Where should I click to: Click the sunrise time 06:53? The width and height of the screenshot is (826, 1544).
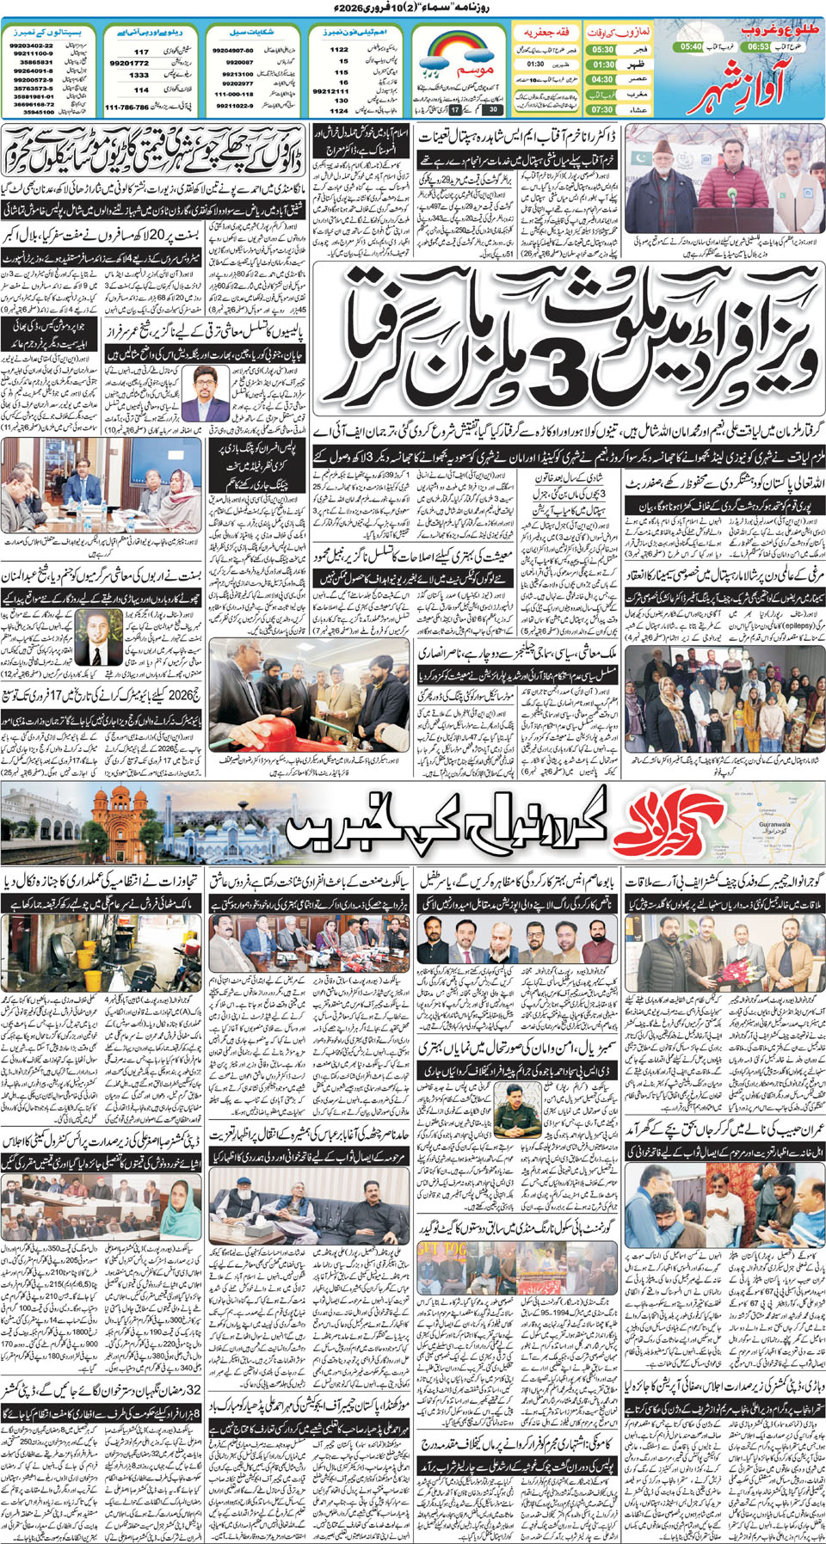coord(758,46)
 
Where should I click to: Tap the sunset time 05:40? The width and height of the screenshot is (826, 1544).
coord(691,46)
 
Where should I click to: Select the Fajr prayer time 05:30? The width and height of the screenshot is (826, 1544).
coord(602,50)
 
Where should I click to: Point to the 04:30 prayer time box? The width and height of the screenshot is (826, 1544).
coord(602,79)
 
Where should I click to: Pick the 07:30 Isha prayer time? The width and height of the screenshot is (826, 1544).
coord(602,109)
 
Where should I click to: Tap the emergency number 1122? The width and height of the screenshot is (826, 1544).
coord(339,50)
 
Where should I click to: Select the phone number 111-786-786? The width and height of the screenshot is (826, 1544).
coord(127,108)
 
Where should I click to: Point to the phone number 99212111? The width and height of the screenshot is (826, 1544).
coord(331,90)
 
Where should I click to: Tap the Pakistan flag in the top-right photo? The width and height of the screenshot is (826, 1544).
coord(638,160)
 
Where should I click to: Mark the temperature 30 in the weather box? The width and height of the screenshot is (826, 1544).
coord(493,110)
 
